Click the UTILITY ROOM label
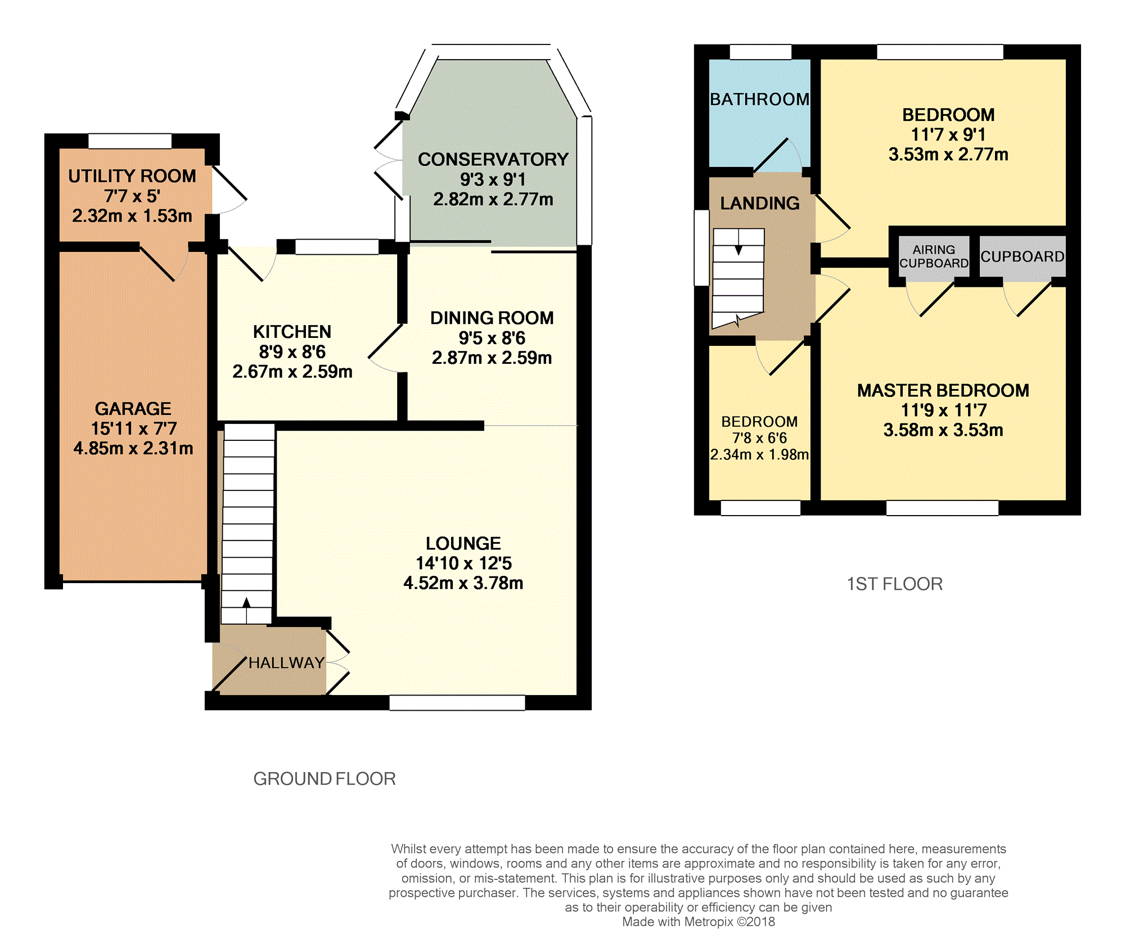pyautogui.click(x=132, y=176)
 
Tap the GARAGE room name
pyautogui.click(x=133, y=408)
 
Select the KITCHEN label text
pyautogui.click(x=292, y=332)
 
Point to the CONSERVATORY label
pyautogui.click(x=493, y=159)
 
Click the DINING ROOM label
pyautogui.click(x=492, y=318)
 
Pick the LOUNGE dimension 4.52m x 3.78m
pyautogui.click(x=463, y=583)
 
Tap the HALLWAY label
pyautogui.click(x=287, y=663)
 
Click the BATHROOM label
pyautogui.click(x=760, y=99)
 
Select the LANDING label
pyautogui.click(x=760, y=203)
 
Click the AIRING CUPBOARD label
pyautogui.click(x=934, y=256)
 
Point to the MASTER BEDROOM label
pyautogui.click(x=943, y=390)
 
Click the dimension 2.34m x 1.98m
pyautogui.click(x=759, y=454)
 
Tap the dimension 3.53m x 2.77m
pyautogui.click(x=948, y=154)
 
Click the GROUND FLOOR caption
pyautogui.click(x=325, y=779)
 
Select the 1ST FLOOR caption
pyautogui.click(x=895, y=584)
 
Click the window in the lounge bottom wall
pyautogui.click(x=457, y=702)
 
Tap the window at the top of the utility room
pyautogui.click(x=130, y=141)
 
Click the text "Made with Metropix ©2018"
pyautogui.click(x=699, y=922)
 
